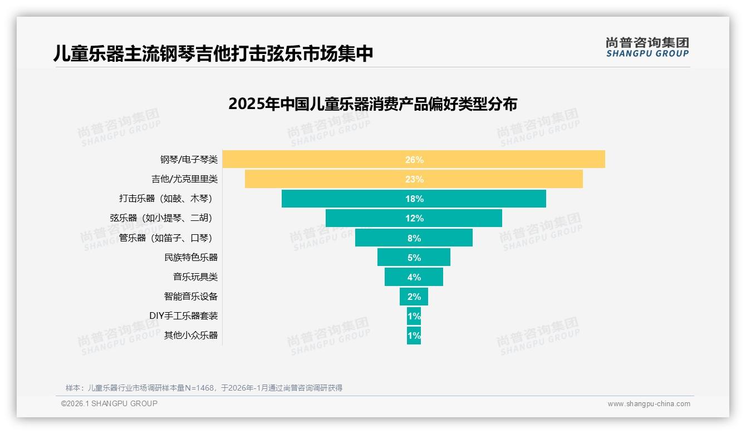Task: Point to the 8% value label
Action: [x=414, y=238]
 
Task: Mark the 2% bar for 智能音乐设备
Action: [x=414, y=297]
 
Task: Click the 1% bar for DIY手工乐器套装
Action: [x=414, y=316]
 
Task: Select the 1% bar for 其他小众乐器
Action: [x=414, y=336]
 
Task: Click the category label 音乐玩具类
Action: [x=195, y=277]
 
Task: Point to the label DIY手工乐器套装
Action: [x=183, y=315]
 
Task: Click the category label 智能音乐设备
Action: [x=190, y=296]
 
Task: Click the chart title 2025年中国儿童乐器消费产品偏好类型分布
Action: [x=372, y=104]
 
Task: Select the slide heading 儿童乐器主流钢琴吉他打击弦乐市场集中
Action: [x=213, y=53]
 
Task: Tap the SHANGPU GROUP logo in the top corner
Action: [x=647, y=47]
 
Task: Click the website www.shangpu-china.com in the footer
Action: [x=649, y=404]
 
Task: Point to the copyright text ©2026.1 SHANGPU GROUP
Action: [x=109, y=403]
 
